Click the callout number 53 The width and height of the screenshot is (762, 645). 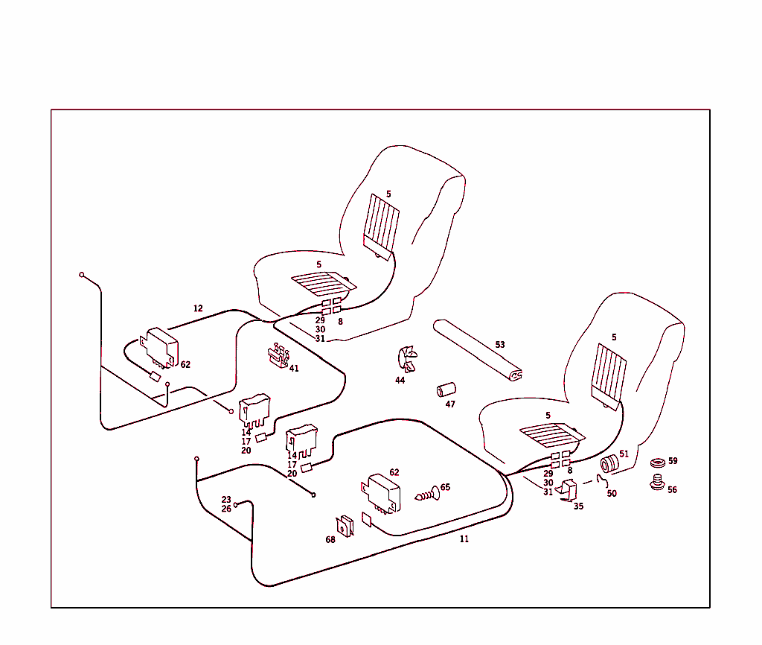[500, 345]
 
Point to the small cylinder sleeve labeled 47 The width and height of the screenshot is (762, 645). [446, 390]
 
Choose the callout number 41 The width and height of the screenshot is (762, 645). [294, 368]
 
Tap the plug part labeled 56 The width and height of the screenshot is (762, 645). [657, 483]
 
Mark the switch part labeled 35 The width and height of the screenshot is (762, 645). [570, 492]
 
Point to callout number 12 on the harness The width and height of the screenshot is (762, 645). [198, 308]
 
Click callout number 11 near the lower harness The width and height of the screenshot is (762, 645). [464, 538]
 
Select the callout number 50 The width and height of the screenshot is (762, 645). [612, 494]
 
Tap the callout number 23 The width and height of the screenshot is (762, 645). [226, 500]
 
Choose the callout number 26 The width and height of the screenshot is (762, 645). [226, 509]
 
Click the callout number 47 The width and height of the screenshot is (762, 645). [450, 404]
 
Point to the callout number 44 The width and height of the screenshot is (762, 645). [400, 381]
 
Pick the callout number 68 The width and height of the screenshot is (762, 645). [330, 540]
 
